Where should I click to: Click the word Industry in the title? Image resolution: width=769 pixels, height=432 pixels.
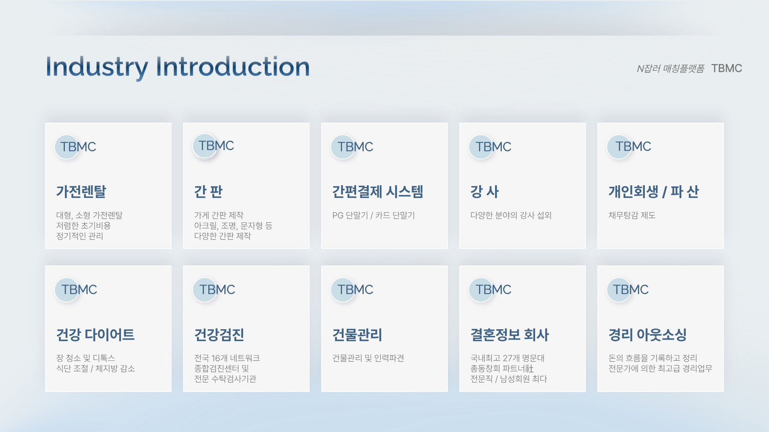tap(97, 68)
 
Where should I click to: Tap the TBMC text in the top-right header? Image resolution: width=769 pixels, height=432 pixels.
tap(727, 68)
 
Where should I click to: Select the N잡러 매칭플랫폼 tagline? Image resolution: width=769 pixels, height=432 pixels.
tap(670, 69)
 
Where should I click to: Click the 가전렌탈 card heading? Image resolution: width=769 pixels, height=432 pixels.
tap(81, 192)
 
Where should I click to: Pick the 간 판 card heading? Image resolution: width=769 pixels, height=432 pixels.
tap(208, 192)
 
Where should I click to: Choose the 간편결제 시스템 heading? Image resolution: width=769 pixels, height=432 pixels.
tap(378, 192)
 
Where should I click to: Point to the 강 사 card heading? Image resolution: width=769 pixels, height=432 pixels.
tap(485, 192)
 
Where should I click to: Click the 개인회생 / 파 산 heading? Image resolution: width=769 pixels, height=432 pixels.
tap(654, 192)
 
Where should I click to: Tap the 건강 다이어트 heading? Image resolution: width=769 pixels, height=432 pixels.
tap(95, 334)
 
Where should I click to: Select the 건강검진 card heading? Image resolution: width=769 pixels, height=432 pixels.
tap(219, 334)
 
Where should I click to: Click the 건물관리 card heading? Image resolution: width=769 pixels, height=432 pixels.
tap(357, 334)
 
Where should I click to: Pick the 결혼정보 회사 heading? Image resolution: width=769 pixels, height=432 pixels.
tap(509, 334)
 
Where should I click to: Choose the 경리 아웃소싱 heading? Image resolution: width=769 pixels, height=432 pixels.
tap(648, 334)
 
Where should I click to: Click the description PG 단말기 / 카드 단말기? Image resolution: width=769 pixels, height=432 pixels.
tap(374, 215)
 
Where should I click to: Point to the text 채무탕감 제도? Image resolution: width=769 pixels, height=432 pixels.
tap(632, 215)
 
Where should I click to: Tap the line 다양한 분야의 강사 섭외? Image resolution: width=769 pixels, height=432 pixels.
tap(511, 215)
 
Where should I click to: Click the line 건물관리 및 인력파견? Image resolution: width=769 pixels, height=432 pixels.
tap(368, 358)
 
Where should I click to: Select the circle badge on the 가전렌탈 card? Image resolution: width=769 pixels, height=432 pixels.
tap(67, 147)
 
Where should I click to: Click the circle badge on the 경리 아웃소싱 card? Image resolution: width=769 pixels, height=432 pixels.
tap(619, 290)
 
